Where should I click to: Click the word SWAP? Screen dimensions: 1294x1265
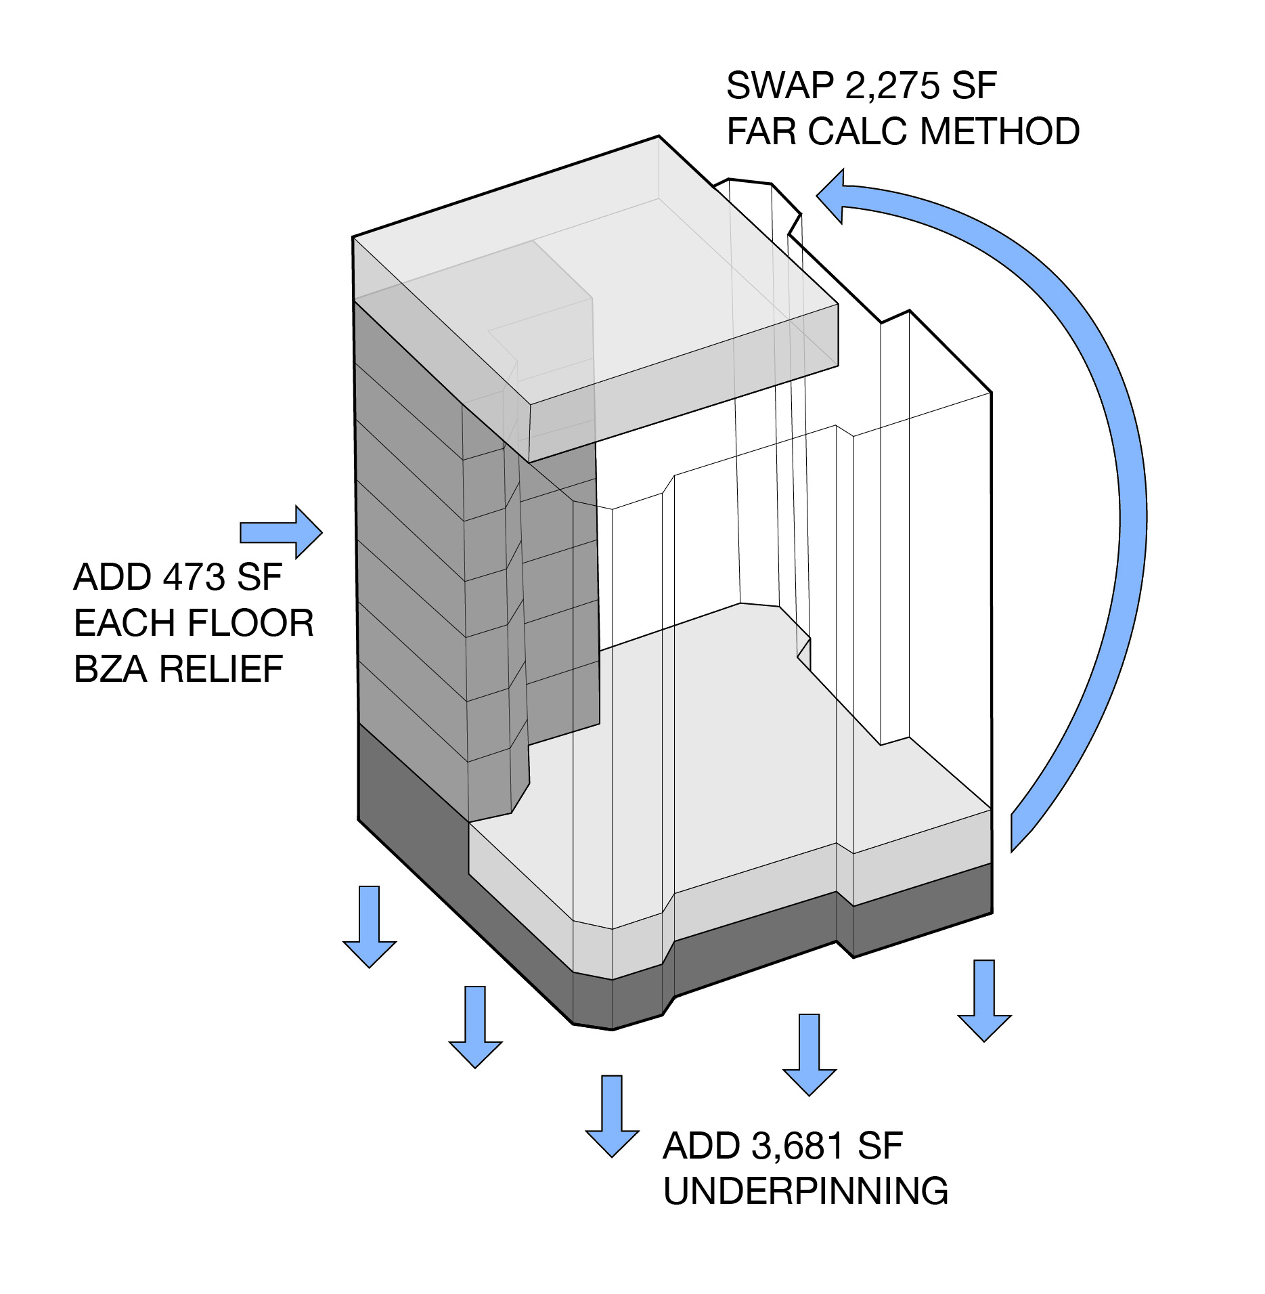point(780,86)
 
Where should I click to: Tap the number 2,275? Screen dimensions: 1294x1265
point(893,86)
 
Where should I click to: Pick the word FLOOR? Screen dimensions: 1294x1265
point(250,623)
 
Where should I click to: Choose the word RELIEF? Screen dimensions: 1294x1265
point(221,669)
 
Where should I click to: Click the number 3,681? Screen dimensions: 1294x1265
point(797,1146)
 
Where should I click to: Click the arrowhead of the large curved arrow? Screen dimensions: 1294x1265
point(832,196)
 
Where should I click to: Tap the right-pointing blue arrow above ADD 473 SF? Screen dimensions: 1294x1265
point(282,532)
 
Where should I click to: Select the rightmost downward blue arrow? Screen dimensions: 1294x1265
point(984,999)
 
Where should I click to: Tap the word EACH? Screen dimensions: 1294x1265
point(125,623)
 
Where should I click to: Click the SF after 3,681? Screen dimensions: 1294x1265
point(880,1146)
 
